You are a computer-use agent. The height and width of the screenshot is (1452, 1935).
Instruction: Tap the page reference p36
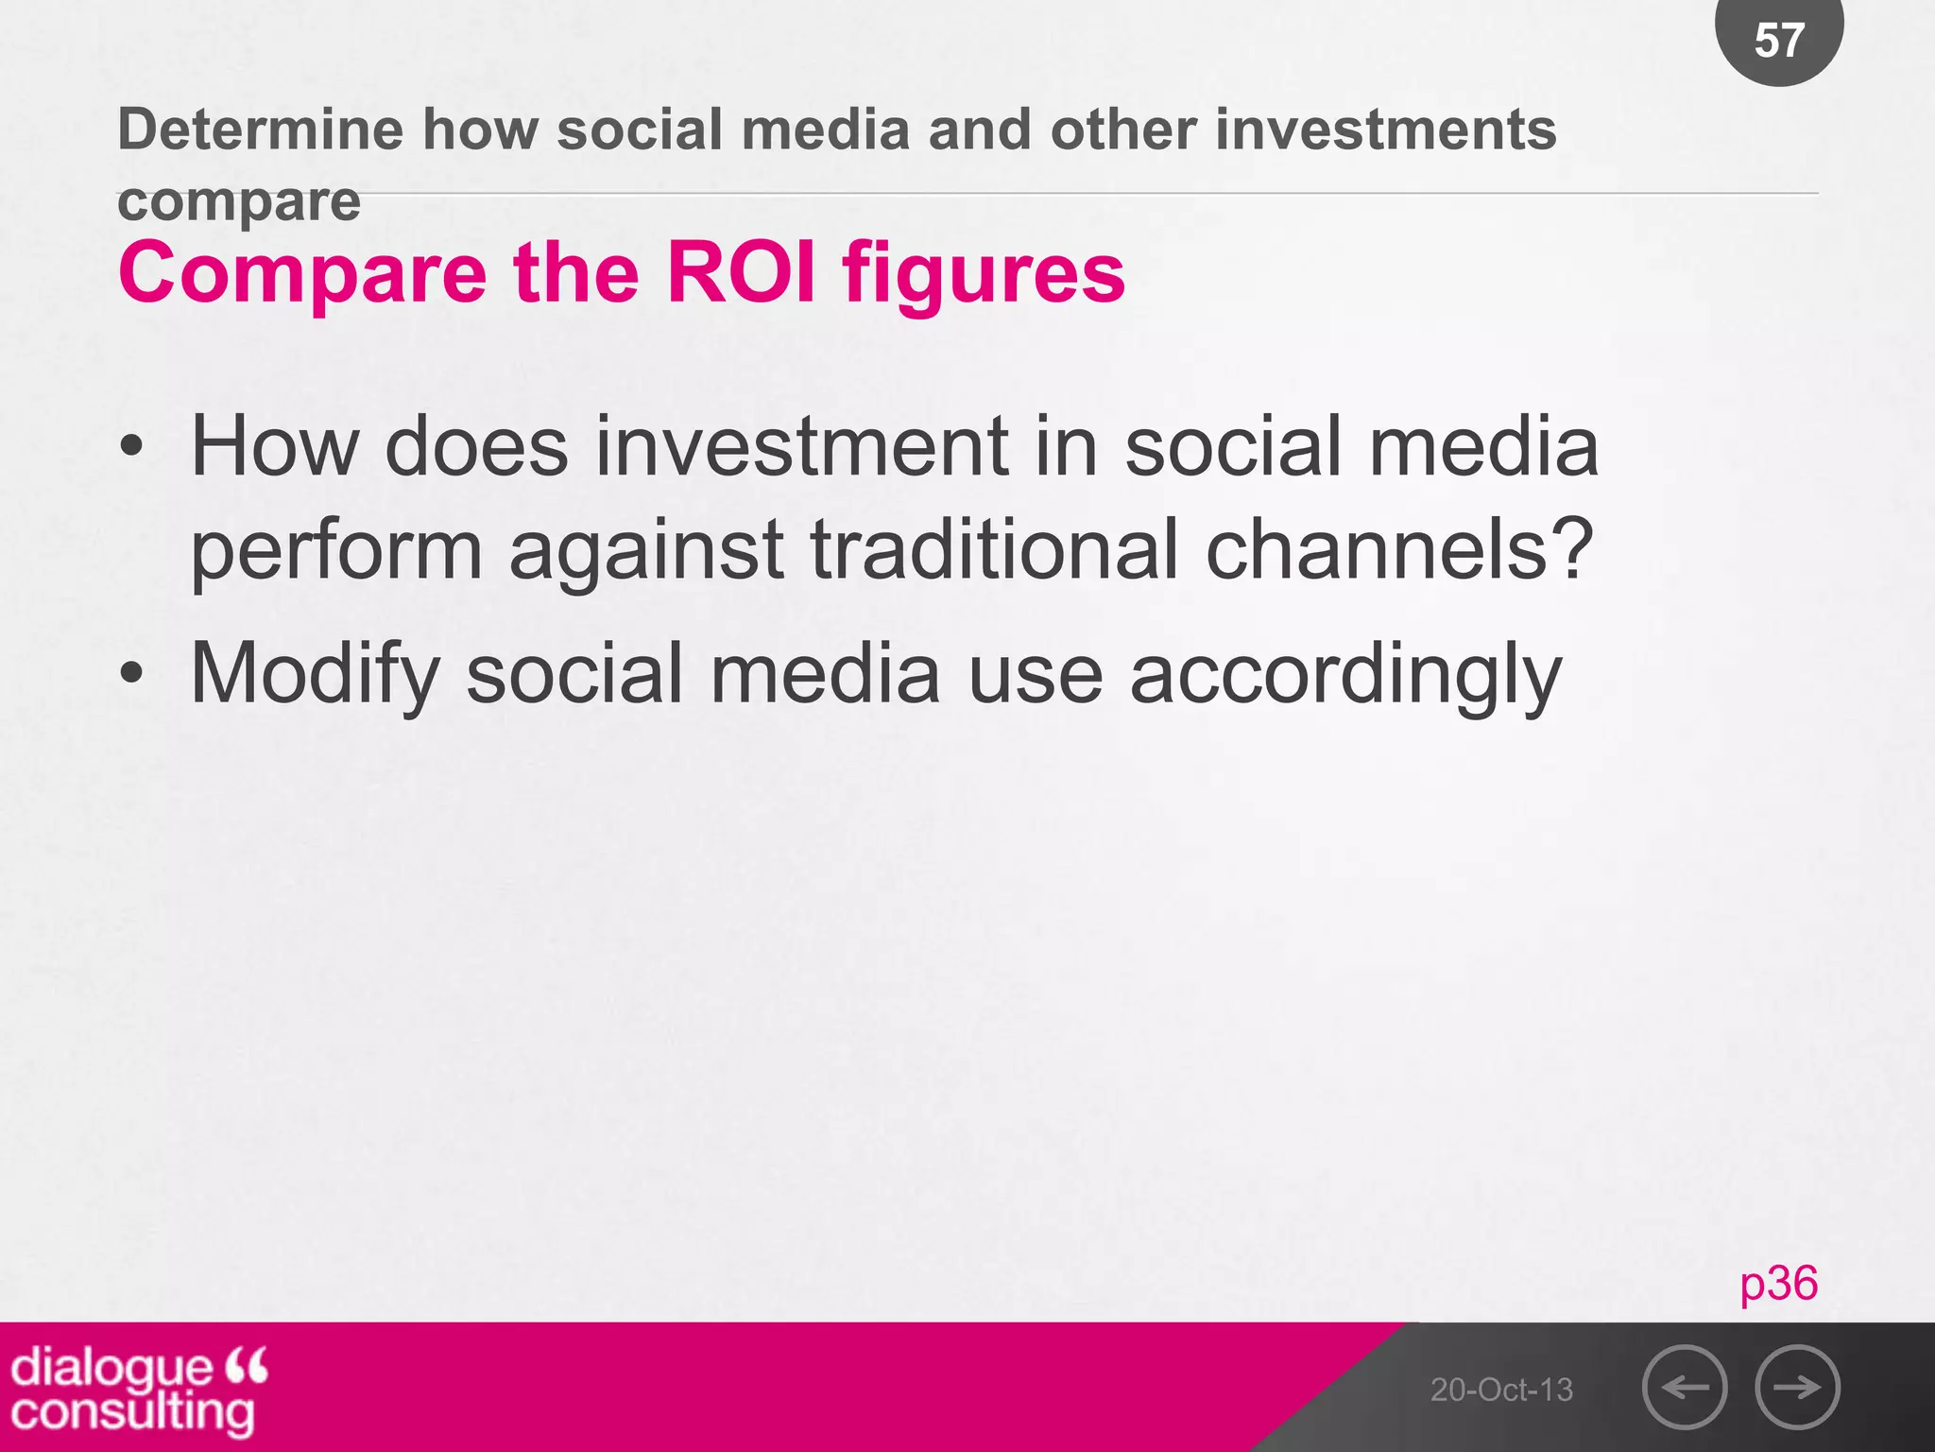coord(1778,1284)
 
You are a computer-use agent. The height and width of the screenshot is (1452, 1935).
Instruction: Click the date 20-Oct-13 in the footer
coord(1501,1390)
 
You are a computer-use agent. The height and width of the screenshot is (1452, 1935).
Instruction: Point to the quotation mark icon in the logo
coord(248,1366)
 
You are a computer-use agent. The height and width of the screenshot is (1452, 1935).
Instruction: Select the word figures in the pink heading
coord(984,275)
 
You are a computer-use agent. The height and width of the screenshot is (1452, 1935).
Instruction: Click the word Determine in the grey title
coord(260,130)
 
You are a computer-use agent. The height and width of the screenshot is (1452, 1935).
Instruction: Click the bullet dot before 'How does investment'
coord(132,447)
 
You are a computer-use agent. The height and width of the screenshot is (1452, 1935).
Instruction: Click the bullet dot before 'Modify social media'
coord(132,674)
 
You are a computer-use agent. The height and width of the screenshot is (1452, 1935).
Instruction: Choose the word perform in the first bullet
coord(336,553)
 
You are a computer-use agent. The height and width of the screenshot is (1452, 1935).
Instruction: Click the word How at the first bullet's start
coord(275,447)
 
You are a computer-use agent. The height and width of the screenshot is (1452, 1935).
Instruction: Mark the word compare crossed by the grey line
coord(239,201)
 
